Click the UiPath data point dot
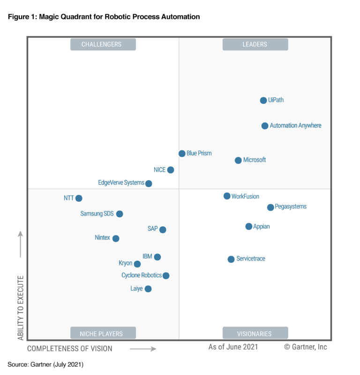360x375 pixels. click(x=263, y=100)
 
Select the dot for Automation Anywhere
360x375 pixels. click(x=265, y=126)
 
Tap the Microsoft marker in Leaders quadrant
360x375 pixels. click(x=238, y=161)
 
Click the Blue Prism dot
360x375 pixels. click(x=182, y=154)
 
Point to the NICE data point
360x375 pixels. click(x=171, y=170)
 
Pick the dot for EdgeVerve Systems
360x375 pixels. click(x=149, y=184)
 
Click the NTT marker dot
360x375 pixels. click(x=79, y=199)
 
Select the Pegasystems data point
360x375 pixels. click(x=270, y=207)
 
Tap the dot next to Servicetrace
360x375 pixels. click(x=231, y=259)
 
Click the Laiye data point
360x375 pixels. click(x=148, y=289)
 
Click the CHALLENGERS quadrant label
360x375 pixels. click(x=103, y=44)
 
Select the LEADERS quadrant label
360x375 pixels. click(x=255, y=44)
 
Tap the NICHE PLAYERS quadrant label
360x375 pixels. click(x=103, y=334)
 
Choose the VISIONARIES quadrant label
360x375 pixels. click(x=255, y=334)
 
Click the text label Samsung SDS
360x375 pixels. click(x=97, y=214)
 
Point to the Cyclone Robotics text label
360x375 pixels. click(x=142, y=276)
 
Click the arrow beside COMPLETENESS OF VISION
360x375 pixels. click(x=142, y=349)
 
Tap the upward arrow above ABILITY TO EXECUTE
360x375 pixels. click(x=21, y=243)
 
